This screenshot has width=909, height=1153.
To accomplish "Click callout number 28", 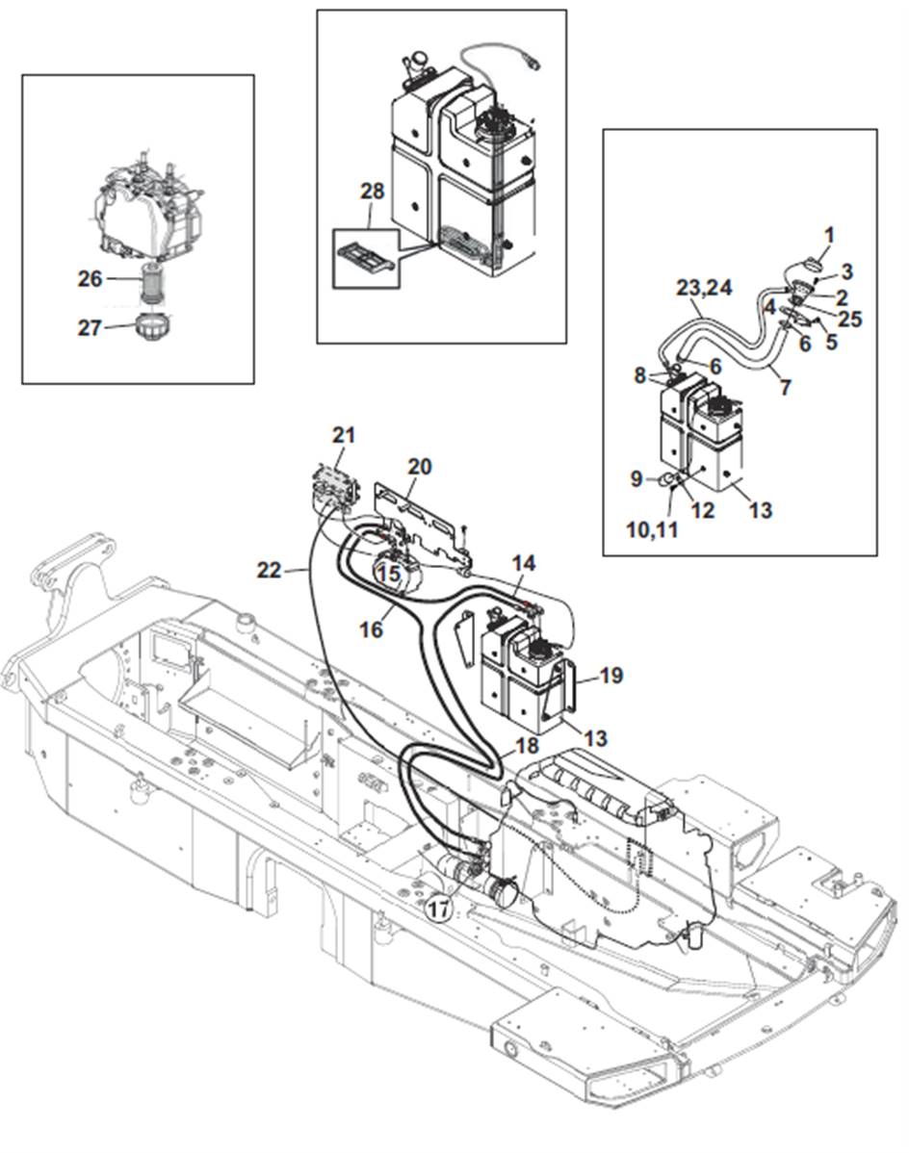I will pos(372,192).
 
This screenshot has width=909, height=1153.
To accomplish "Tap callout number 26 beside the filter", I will pos(90,279).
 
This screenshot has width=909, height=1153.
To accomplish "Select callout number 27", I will pos(90,327).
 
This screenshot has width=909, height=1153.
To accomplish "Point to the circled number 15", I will pos(387,573).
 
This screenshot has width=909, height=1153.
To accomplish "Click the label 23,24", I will pos(705,287).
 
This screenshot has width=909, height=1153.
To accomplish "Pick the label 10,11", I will pos(652,528).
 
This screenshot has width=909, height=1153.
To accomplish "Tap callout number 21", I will pos(344,435).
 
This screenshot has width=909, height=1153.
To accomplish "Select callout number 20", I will pos(419,467).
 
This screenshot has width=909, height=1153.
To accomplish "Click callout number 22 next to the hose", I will pos(269,571).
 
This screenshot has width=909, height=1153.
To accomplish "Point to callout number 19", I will pos(610,676).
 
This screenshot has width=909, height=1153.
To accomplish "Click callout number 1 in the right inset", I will pos(829,234).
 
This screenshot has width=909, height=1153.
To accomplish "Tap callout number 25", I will pos(849,320).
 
